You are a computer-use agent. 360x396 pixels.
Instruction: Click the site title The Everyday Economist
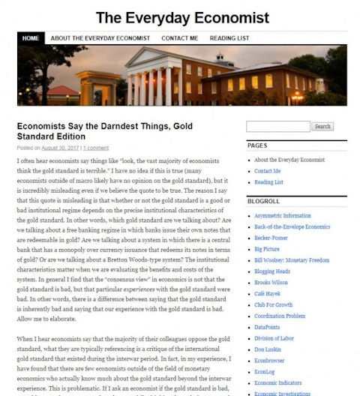pyautogui.click(x=182, y=17)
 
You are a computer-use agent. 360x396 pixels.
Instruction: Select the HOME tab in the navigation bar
pyautogui.click(x=30, y=38)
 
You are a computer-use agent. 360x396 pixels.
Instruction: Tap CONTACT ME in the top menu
pyautogui.click(x=179, y=38)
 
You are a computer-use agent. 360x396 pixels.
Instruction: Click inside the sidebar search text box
pyautogui.click(x=277, y=126)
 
